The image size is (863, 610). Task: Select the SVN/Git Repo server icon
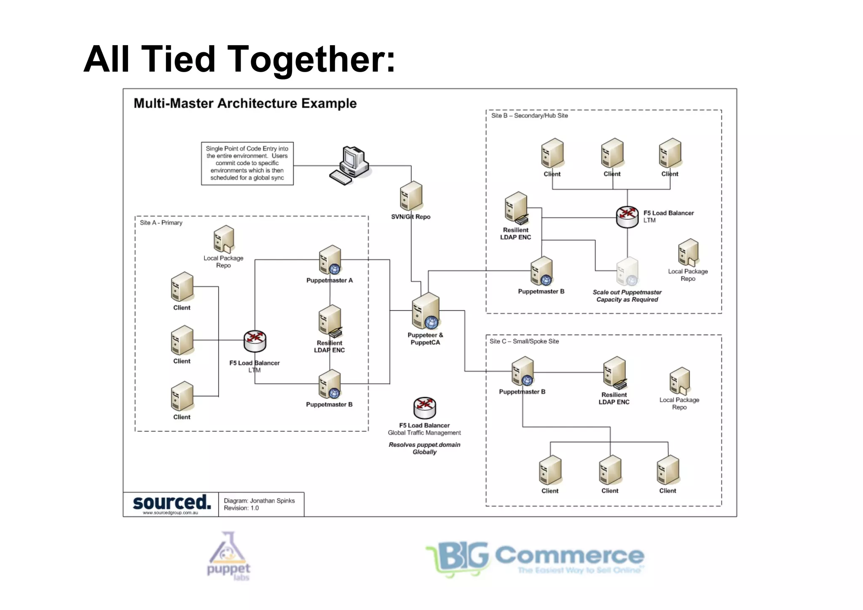(411, 196)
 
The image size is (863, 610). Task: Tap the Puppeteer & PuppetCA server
(426, 311)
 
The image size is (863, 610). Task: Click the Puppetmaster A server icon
(330, 260)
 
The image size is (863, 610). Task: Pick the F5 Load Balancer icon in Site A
(255, 341)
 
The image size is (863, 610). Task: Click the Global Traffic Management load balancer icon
(424, 408)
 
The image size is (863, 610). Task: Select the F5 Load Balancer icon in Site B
(627, 217)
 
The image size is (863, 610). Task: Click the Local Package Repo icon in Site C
(679, 381)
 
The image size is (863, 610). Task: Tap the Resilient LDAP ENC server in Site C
(614, 372)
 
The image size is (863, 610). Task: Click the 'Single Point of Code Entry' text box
(247, 163)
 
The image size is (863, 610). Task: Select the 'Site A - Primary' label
(161, 223)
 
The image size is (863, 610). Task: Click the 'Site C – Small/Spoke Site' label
(524, 341)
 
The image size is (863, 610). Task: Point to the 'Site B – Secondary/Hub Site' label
(529, 116)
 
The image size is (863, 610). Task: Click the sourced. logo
(172, 503)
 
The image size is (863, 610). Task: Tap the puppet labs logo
(229, 556)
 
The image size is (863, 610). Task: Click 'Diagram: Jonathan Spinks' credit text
(259, 500)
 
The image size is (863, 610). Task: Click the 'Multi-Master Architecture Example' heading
(245, 103)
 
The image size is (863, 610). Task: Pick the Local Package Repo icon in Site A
(223, 239)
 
